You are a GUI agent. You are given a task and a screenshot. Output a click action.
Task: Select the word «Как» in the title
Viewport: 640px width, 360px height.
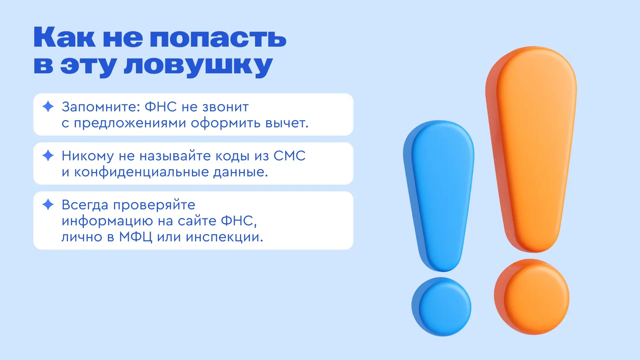click(65, 37)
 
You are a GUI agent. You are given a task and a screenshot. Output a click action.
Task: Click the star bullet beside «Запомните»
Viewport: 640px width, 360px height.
click(48, 107)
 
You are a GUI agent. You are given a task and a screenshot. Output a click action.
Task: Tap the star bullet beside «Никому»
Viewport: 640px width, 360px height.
click(48, 155)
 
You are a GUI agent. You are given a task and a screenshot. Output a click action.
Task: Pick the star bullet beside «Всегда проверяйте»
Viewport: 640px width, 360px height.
click(48, 204)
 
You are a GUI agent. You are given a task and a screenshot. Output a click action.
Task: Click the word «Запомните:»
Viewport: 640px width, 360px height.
click(101, 107)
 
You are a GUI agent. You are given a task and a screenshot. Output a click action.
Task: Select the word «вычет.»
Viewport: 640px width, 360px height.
click(287, 123)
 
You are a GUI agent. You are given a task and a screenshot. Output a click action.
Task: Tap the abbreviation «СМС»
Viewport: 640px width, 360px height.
click(289, 156)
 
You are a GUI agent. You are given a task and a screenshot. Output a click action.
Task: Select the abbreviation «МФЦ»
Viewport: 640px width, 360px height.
click(136, 237)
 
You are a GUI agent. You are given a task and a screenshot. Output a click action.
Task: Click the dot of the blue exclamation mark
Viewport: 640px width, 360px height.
click(441, 307)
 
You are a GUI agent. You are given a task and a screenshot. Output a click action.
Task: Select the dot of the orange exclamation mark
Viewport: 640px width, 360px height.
click(532, 297)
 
